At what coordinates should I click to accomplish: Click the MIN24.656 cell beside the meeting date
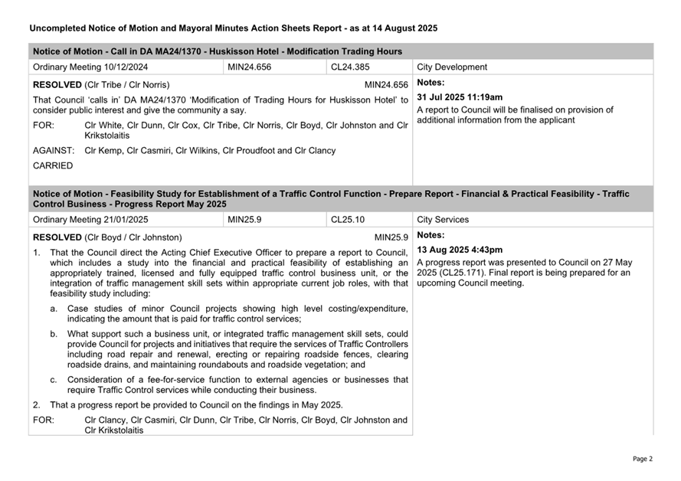click(250, 67)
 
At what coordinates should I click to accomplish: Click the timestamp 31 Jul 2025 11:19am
click(460, 97)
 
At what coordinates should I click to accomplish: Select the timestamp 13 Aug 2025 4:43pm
click(460, 250)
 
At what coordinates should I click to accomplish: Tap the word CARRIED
click(53, 165)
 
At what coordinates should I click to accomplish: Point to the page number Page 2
click(642, 459)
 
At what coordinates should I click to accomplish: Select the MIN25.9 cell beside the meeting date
click(245, 220)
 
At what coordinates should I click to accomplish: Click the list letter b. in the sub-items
click(54, 334)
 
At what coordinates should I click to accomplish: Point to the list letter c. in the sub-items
click(54, 380)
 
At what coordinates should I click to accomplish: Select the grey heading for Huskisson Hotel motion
click(218, 51)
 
